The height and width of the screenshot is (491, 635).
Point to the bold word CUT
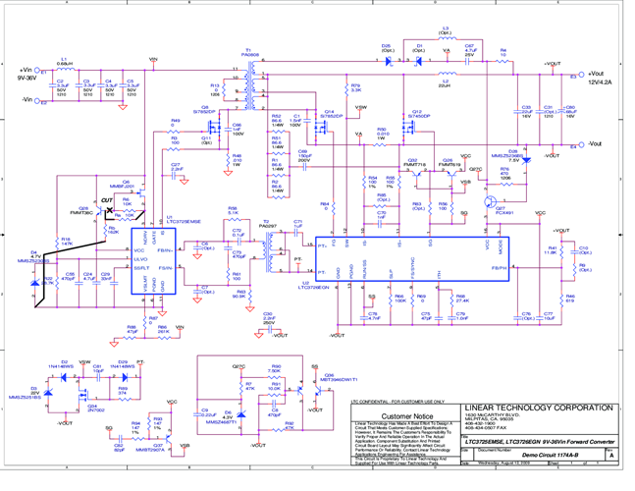[x=109, y=200]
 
